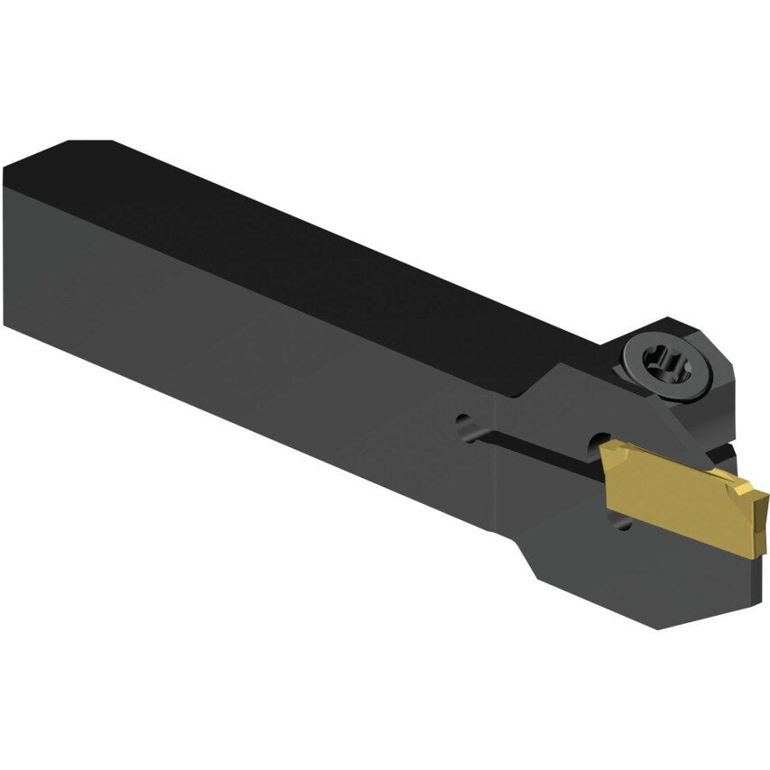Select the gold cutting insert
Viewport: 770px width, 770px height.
676,491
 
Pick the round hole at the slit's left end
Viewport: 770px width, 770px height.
463,423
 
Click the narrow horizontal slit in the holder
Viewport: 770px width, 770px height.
532,442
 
